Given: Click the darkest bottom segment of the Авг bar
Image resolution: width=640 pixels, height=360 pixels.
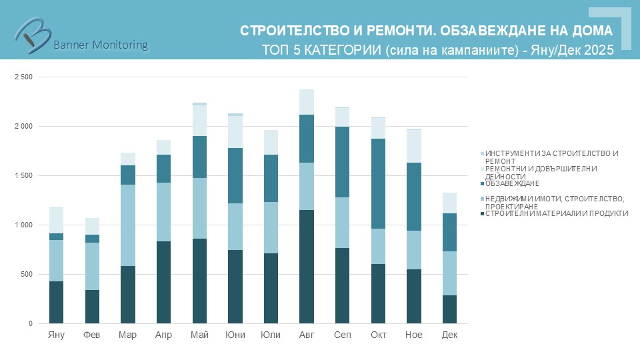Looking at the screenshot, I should click(x=307, y=267).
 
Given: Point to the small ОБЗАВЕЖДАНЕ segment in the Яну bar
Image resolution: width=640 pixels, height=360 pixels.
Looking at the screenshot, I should click(x=57, y=237).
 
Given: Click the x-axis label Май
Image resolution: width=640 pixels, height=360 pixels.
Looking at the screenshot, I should click(x=199, y=335).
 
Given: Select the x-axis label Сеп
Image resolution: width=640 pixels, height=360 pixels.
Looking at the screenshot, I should click(x=342, y=335).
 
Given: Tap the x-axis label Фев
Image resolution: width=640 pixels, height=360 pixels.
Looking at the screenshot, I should click(x=92, y=335).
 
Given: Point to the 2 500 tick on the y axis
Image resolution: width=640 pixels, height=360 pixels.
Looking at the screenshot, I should click(x=23, y=77).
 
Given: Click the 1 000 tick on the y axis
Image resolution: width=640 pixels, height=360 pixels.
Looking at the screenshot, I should click(x=23, y=225).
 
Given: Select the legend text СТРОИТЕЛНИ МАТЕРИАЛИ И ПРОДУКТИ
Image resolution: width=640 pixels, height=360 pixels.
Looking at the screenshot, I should click(x=557, y=213).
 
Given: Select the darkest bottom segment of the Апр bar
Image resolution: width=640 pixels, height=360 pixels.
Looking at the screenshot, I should click(x=164, y=283).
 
